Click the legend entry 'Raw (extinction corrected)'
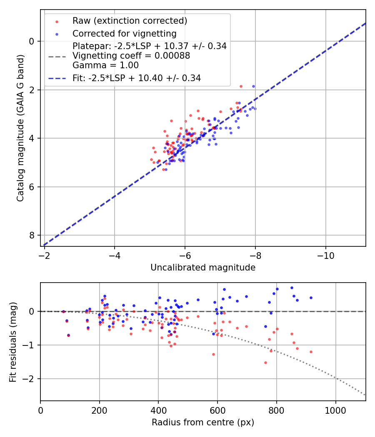click(x=130, y=21)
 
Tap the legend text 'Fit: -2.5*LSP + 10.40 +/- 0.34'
click(x=137, y=78)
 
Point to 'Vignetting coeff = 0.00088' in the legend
click(x=131, y=56)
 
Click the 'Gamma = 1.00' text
click(x=105, y=65)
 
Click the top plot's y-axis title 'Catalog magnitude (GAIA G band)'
click(x=21, y=128)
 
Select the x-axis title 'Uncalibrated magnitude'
click(x=203, y=268)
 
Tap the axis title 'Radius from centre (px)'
click(x=203, y=422)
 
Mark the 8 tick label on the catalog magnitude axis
click(x=32, y=236)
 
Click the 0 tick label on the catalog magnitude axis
click(x=32, y=41)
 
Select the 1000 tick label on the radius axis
click(x=336, y=410)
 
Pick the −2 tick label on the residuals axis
click(x=30, y=379)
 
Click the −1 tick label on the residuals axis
click(x=30, y=345)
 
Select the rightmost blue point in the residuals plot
click(x=311, y=298)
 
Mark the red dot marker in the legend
click(x=57, y=21)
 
